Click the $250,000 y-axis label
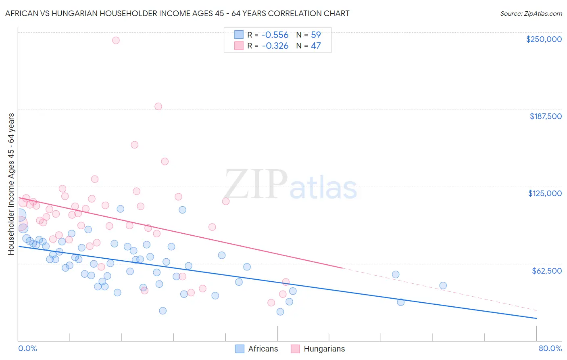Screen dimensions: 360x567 coord(544,39)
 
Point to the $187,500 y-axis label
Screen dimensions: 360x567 coord(545,116)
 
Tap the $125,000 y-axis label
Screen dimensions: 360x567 coord(545,193)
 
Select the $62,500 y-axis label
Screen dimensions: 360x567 coord(546,271)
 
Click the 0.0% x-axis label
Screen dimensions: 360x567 coord(27,348)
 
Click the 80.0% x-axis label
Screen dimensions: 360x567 coord(550,348)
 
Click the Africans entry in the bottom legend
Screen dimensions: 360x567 coord(263,349)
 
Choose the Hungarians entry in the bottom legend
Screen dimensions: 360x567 coord(324,349)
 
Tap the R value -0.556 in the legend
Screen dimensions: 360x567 coord(275,35)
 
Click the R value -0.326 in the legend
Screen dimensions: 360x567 coord(275,46)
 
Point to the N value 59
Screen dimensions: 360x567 coord(316,35)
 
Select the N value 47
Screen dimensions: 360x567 coord(316,46)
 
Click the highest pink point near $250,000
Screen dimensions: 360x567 coord(116,40)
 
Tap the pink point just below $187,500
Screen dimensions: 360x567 coord(158,107)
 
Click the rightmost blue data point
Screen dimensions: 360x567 coord(443,285)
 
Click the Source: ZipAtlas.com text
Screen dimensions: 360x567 coord(531,13)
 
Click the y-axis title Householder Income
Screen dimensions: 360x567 coord(11,184)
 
